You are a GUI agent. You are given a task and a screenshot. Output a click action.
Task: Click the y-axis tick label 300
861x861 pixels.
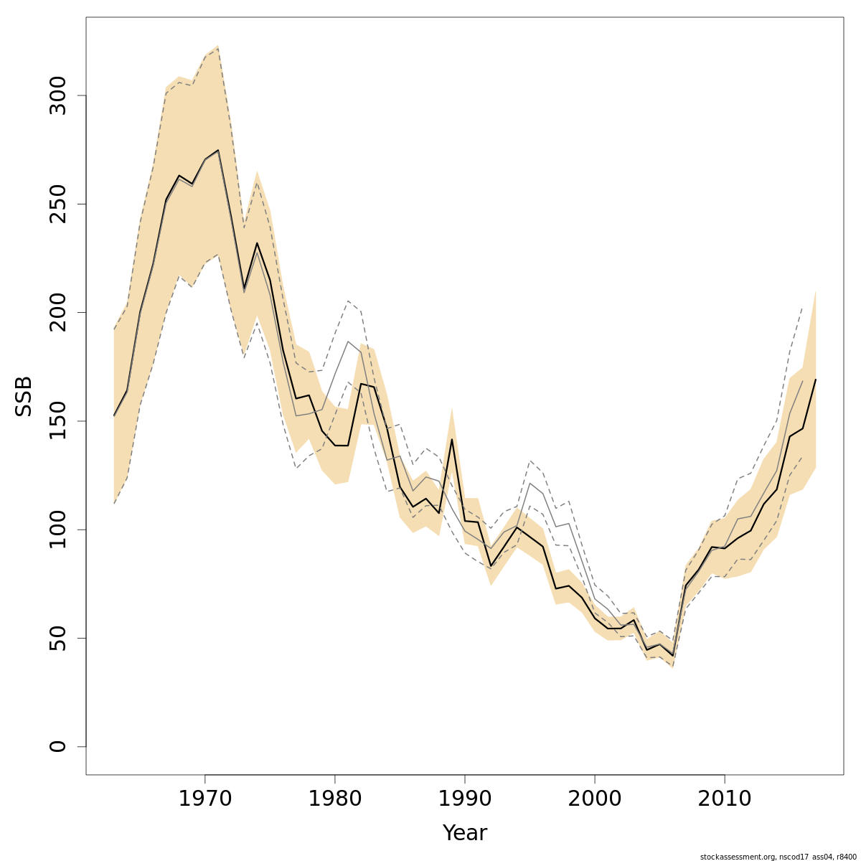click(58, 95)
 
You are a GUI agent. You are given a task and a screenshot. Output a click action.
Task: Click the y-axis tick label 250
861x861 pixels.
click(58, 204)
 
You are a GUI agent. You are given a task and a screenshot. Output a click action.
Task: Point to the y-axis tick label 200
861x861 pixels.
click(58, 313)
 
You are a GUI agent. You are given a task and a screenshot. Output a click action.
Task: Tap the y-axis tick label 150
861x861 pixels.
click(58, 421)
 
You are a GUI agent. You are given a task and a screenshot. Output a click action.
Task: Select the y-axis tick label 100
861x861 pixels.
click(58, 530)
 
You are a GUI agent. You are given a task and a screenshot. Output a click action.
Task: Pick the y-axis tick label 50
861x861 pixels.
click(58, 638)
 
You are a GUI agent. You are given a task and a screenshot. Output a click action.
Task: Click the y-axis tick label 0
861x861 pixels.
click(58, 746)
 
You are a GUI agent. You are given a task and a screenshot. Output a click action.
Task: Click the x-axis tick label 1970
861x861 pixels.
click(205, 799)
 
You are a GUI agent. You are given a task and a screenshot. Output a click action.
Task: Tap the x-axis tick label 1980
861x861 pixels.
click(335, 799)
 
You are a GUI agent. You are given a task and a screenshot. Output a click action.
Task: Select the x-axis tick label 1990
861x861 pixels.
click(465, 799)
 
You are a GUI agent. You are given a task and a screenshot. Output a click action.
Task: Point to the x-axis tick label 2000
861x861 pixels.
click(595, 799)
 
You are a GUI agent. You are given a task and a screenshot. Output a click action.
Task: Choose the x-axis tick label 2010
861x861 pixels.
click(725, 799)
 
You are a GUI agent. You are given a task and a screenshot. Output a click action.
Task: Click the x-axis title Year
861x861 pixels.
click(465, 833)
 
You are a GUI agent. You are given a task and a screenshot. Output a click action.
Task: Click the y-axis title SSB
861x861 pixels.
click(24, 396)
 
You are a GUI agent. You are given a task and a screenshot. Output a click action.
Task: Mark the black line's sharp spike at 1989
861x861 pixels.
click(452, 439)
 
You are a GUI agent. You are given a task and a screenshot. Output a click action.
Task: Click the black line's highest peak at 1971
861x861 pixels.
click(218, 151)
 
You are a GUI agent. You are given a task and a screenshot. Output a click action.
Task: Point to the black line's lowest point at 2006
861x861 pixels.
click(672, 655)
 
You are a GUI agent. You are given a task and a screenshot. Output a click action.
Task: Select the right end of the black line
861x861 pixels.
click(816, 379)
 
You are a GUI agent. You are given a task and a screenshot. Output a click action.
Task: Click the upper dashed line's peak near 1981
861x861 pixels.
click(348, 301)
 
